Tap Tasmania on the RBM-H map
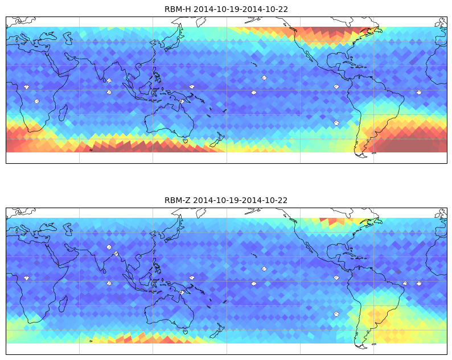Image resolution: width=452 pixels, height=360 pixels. pyautogui.click(x=186, y=141)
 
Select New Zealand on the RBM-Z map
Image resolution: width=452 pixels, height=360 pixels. pyautogui.click(x=217, y=331)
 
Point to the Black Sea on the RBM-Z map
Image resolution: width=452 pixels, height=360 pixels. pyautogui.click(x=48, y=227)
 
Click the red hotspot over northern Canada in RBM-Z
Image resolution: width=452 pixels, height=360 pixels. pyautogui.click(x=332, y=221)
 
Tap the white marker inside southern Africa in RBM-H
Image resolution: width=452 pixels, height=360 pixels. pyautogui.click(x=37, y=101)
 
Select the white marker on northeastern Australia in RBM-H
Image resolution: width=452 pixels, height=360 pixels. pyautogui.click(x=182, y=101)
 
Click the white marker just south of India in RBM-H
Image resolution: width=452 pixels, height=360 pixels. pyautogui.click(x=109, y=93)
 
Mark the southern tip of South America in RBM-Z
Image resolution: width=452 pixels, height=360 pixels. pyautogui.click(x=363, y=347)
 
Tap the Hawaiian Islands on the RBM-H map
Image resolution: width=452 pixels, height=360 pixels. pyautogui.click(x=254, y=64)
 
